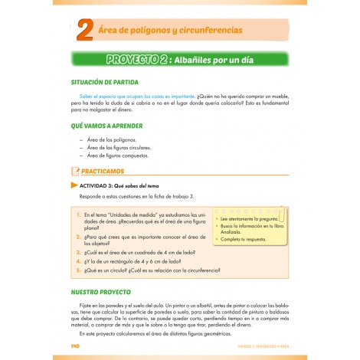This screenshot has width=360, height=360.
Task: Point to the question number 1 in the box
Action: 79,215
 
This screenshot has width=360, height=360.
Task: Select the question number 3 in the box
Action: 79,251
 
